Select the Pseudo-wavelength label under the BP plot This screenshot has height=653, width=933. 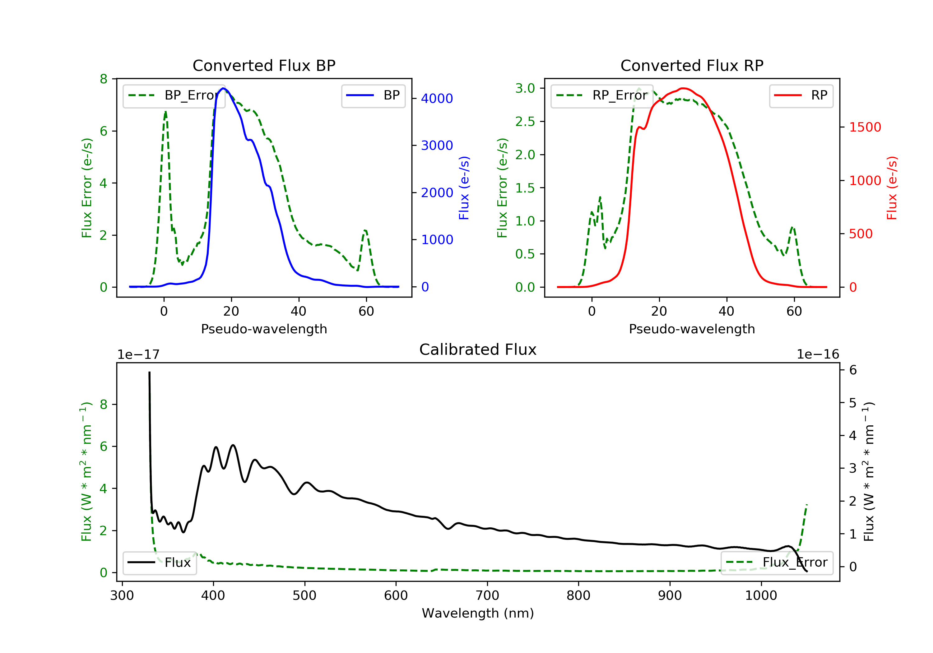[x=264, y=329]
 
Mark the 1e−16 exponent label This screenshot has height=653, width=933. [x=818, y=355]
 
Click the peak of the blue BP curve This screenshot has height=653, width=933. [x=223, y=88]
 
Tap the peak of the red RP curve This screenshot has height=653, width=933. [x=684, y=88]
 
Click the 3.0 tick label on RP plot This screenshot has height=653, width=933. [x=525, y=88]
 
